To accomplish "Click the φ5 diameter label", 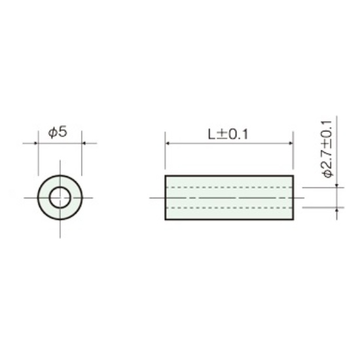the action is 58,132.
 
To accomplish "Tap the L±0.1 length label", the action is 228,134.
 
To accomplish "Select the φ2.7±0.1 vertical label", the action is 327,149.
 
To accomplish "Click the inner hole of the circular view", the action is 60,198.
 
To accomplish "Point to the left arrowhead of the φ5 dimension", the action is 35,143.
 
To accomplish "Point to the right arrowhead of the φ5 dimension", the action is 84,143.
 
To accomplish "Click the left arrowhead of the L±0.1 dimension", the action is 168,143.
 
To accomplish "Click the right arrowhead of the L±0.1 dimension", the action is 291,143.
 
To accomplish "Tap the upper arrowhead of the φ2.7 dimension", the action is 337,185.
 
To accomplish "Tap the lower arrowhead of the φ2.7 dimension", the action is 337,210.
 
